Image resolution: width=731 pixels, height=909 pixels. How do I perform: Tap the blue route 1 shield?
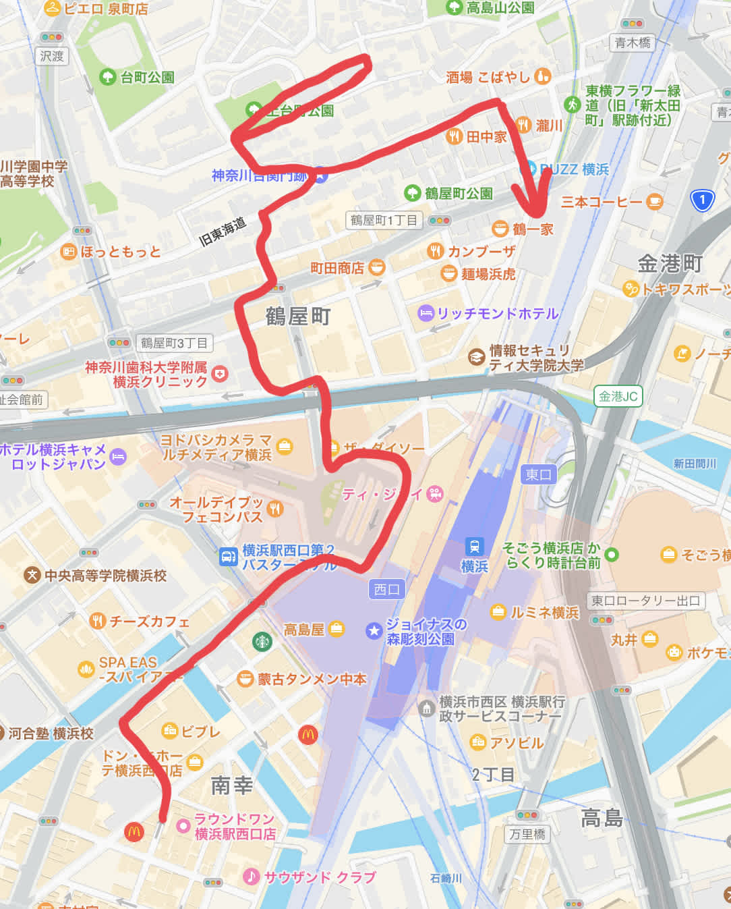pos(702,200)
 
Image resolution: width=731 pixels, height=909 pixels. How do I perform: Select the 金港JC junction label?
pos(618,396)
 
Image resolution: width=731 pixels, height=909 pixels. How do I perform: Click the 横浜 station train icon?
pos(475,546)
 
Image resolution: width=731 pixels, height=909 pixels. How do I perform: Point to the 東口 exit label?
pos(538,474)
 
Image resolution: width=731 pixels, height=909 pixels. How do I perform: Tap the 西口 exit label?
pos(386,589)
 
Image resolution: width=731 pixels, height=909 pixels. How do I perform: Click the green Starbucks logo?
pos(262,641)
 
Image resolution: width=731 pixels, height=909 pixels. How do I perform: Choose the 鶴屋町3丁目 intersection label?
pos(174,343)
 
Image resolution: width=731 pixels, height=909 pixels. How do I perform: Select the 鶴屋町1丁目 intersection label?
pos(384,220)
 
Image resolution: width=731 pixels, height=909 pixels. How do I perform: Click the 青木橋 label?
pos(633,43)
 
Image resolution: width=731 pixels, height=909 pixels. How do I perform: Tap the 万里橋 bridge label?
pos(527,834)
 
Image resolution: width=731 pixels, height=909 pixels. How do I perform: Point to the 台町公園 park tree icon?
pos(107,77)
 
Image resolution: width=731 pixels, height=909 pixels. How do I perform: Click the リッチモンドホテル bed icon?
pos(426,313)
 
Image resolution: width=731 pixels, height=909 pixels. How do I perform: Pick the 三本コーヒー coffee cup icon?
pos(654,201)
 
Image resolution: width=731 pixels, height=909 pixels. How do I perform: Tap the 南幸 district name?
pos(231,786)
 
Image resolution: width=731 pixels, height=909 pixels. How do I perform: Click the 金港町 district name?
pos(670,263)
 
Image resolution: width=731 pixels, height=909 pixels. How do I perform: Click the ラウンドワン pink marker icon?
pos(182,826)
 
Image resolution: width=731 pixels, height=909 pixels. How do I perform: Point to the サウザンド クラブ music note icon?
pos(251,877)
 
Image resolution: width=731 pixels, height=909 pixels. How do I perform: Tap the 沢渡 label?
pos(52,56)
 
